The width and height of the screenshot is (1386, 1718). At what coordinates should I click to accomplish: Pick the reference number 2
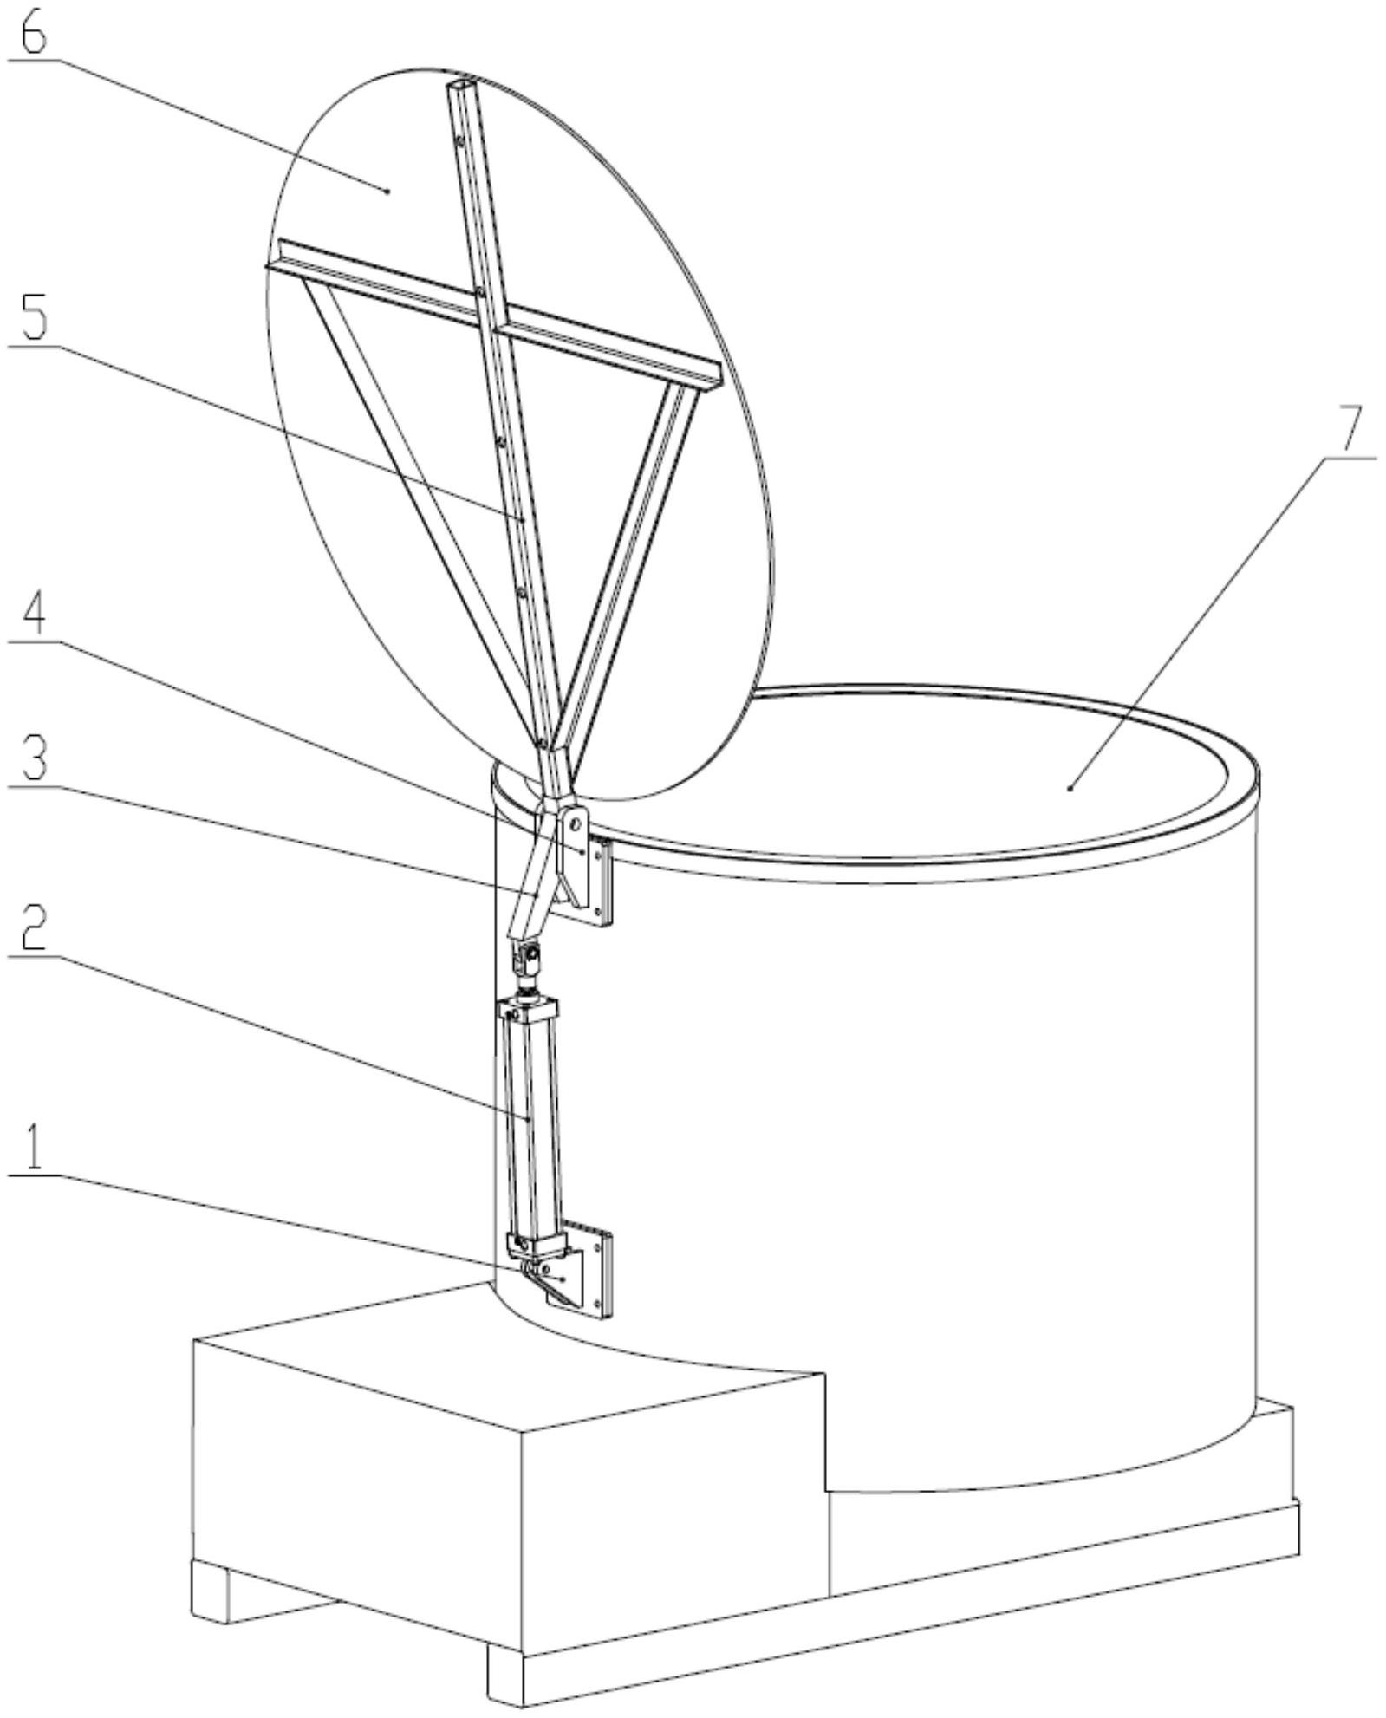point(32,927)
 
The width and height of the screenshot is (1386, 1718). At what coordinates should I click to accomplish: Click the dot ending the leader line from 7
point(1071,788)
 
